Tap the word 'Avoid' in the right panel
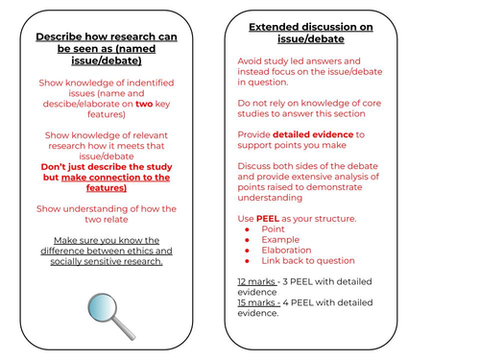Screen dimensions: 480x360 250,61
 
